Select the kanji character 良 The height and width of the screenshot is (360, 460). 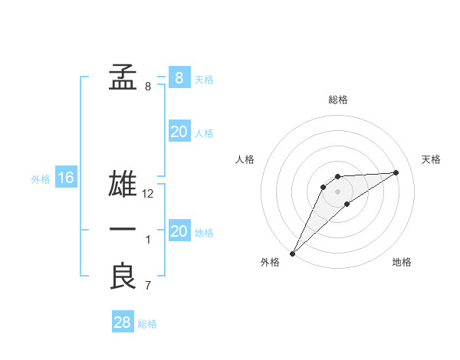click(x=123, y=277)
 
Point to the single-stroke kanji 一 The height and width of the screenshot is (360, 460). click(x=123, y=230)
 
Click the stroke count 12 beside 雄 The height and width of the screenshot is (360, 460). click(x=149, y=194)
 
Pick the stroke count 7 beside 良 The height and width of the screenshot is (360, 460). click(x=149, y=286)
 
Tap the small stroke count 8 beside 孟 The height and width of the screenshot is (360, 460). click(x=148, y=87)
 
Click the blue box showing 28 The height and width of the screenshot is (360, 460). click(x=123, y=322)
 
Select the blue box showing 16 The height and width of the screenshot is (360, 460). click(x=66, y=178)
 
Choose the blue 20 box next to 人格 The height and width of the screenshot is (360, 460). click(x=179, y=132)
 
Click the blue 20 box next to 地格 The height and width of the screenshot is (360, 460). click(x=179, y=231)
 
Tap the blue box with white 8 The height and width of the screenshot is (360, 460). click(x=179, y=77)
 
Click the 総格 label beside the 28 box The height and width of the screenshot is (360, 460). click(x=147, y=324)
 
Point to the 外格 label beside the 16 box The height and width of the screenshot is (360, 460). click(x=41, y=179)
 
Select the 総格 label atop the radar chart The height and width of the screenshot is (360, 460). click(x=338, y=100)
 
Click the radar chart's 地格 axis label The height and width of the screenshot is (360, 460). click(x=402, y=263)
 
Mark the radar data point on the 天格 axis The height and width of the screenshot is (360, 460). click(x=396, y=172)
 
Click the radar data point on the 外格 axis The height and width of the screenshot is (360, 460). click(x=292, y=253)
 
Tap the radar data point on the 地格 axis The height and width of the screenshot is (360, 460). click(x=347, y=204)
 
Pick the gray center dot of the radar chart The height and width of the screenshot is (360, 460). click(x=338, y=191)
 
